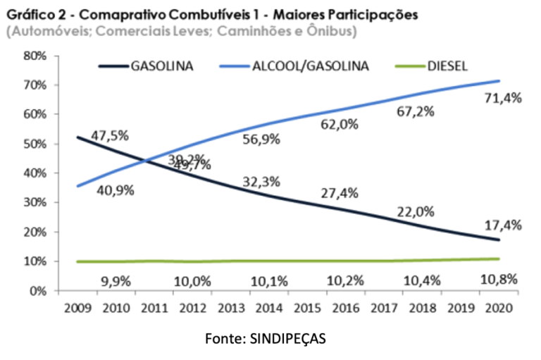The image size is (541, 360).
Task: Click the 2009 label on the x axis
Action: (x=77, y=309)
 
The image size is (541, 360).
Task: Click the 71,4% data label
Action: (x=502, y=99)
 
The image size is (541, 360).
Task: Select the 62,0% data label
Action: (x=340, y=125)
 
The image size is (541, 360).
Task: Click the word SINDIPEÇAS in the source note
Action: (x=288, y=339)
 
